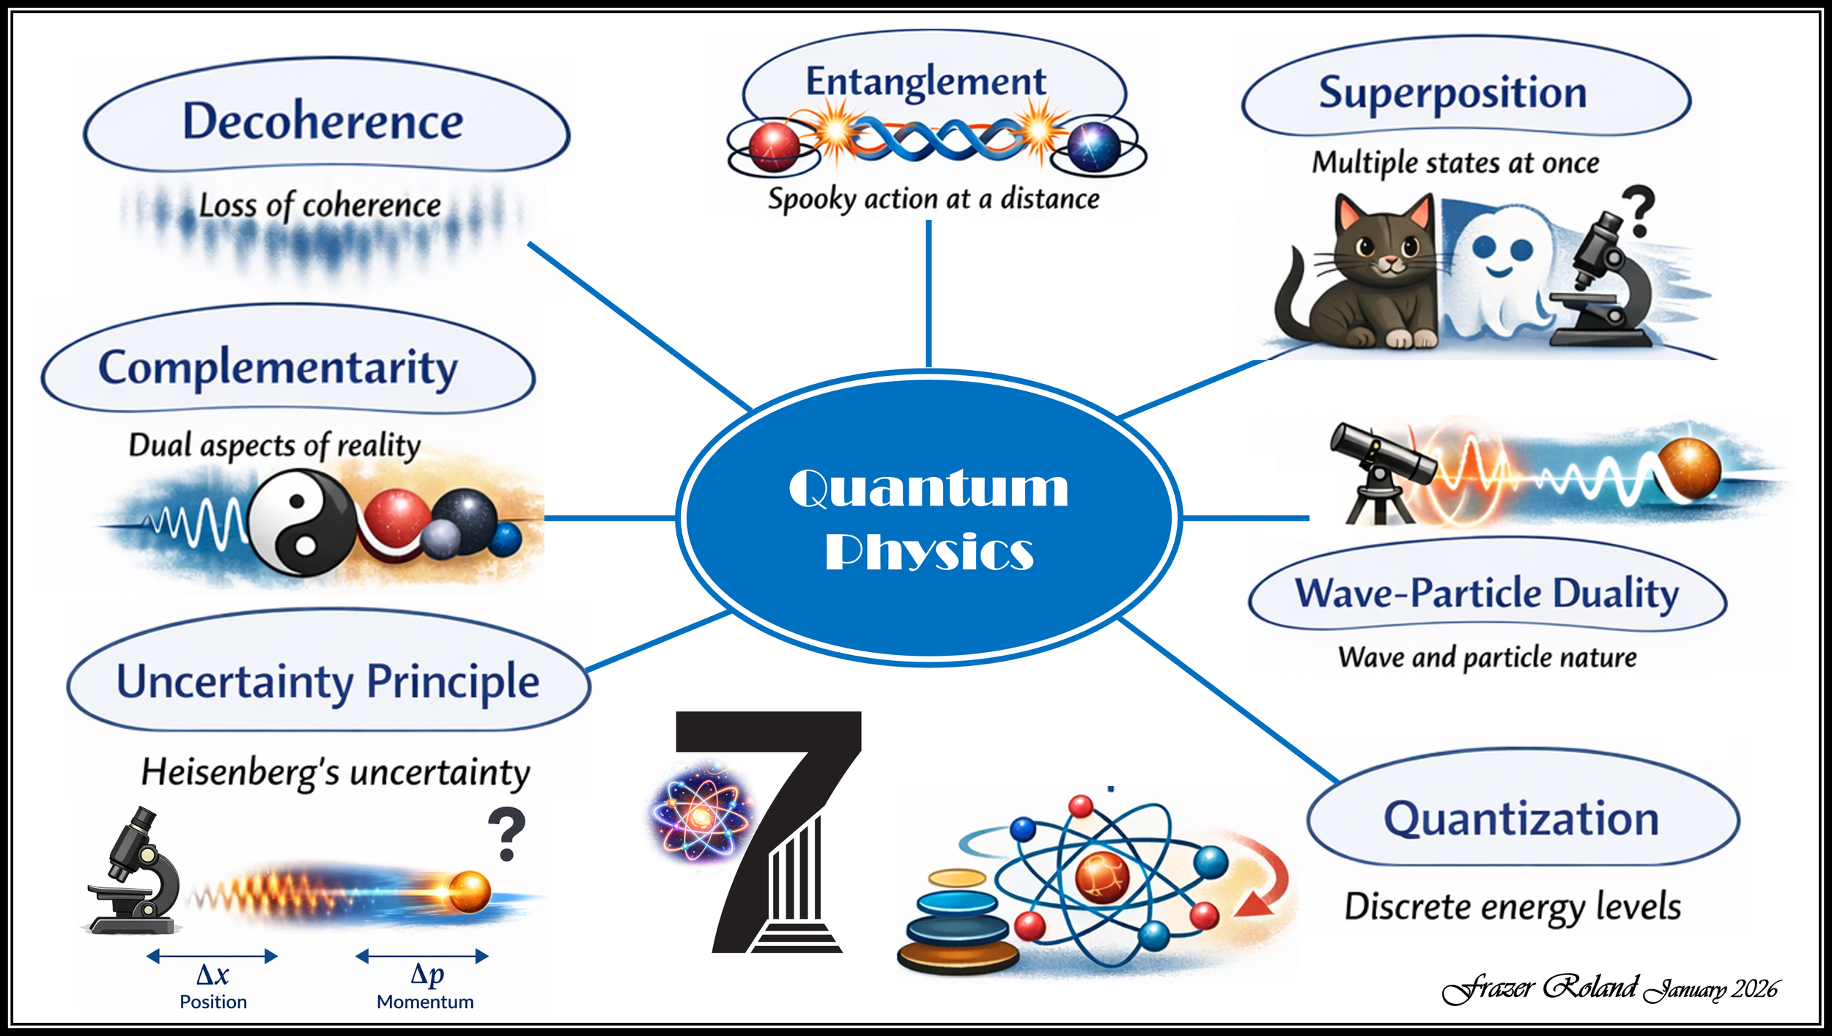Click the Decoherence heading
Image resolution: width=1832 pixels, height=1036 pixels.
click(322, 121)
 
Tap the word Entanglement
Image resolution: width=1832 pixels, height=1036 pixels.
click(926, 81)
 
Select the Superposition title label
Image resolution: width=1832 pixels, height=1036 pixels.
click(1452, 93)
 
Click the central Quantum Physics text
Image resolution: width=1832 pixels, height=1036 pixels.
click(928, 519)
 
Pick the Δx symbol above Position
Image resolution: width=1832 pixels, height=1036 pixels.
click(213, 975)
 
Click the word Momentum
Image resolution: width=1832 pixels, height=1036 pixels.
click(425, 1002)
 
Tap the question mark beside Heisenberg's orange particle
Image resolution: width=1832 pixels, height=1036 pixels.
click(506, 834)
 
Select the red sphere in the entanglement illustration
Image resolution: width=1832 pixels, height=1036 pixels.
click(774, 147)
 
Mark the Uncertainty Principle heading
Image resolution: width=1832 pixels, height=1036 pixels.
click(328, 681)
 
